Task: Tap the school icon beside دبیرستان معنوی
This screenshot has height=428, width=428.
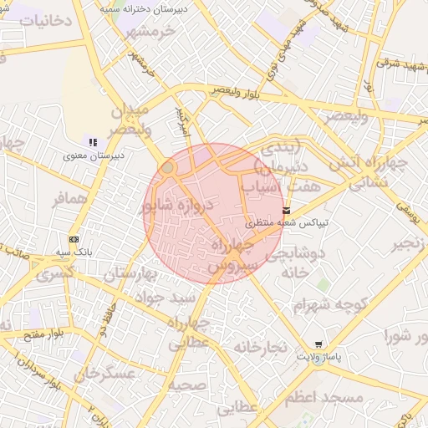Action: click(x=93, y=142)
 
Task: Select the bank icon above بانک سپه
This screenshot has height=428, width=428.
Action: click(x=74, y=238)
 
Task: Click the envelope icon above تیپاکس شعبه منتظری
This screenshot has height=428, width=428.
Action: click(x=287, y=211)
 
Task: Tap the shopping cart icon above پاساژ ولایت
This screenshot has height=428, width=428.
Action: click(x=318, y=344)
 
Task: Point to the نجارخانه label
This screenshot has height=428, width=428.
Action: click(x=260, y=346)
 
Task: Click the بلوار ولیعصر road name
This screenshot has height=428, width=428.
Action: click(x=251, y=95)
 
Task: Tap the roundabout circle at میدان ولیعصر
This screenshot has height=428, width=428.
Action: click(x=168, y=168)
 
